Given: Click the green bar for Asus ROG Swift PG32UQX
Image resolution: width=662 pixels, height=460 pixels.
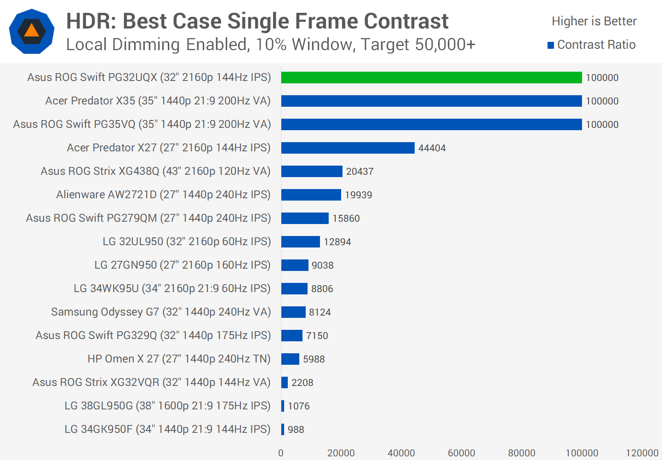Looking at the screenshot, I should [431, 78].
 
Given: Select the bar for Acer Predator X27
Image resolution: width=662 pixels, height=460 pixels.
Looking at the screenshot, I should [348, 148].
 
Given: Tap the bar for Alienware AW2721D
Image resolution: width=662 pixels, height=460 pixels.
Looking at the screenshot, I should [311, 195].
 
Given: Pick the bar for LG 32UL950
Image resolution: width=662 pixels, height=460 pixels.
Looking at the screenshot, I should [300, 241].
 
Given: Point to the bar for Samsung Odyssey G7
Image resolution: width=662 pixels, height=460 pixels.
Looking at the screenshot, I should [293, 312].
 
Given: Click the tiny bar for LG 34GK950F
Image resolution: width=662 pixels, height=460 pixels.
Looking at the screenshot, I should [283, 429].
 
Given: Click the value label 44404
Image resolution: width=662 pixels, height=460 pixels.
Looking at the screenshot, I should [432, 148].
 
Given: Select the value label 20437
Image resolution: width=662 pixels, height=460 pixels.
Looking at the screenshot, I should [360, 172].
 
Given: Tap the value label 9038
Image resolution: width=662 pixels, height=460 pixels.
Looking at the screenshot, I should [322, 265].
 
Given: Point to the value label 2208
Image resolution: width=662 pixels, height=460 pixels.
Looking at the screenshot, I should [302, 383].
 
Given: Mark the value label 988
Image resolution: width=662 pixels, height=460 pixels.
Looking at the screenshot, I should [296, 430].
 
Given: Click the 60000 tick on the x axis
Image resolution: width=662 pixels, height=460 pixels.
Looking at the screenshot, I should [461, 453].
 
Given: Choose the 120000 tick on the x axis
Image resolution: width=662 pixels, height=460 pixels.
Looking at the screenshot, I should [642, 453].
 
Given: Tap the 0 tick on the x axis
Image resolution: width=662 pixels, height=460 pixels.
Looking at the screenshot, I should [281, 453].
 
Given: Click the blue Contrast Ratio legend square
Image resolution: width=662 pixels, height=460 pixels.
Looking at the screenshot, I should [551, 45].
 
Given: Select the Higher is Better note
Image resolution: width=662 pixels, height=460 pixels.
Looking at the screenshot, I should [594, 21].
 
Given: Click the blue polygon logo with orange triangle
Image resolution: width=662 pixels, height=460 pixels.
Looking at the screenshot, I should [32, 31].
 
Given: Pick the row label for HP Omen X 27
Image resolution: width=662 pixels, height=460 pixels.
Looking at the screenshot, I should [179, 359].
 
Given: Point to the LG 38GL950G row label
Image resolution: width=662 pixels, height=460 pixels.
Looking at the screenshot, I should [167, 406].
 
